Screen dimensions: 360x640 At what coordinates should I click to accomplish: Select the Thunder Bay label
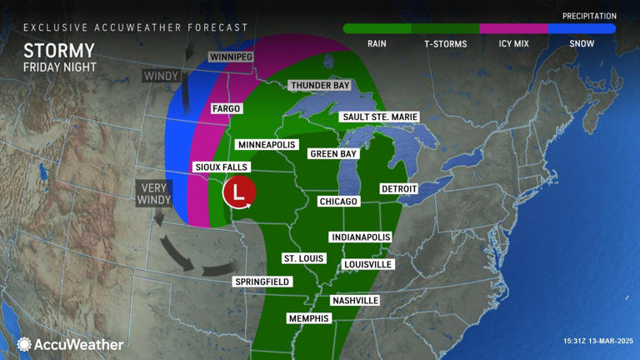pyautogui.click(x=319, y=86)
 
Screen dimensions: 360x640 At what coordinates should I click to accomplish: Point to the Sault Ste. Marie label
pyautogui.click(x=379, y=117)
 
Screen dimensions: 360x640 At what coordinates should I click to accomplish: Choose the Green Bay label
pyautogui.click(x=333, y=154)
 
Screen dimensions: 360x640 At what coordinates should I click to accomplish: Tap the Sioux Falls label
pyautogui.click(x=220, y=167)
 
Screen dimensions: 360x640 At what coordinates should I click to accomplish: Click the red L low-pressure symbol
pyautogui.click(x=239, y=193)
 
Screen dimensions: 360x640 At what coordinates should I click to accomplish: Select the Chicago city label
pyautogui.click(x=338, y=202)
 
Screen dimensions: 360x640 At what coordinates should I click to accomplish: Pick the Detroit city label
pyautogui.click(x=399, y=189)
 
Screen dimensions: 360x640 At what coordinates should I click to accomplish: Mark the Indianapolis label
pyautogui.click(x=360, y=237)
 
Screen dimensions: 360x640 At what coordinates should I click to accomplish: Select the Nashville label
pyautogui.click(x=355, y=300)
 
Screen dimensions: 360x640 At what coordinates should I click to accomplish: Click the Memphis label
pyautogui.click(x=308, y=318)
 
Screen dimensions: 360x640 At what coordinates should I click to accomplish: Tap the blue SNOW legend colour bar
pyautogui.click(x=582, y=28)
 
